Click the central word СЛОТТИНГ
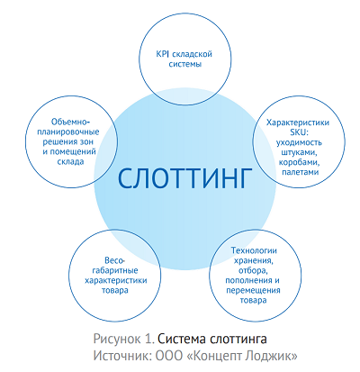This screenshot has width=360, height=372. tap(184, 178)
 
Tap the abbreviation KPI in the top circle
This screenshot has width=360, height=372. tap(163, 54)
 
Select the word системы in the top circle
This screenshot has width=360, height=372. tap(185, 64)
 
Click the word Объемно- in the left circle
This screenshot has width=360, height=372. tap(70, 122)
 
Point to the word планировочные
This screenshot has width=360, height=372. tap(71, 132)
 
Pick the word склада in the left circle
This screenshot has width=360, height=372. tap(70, 161)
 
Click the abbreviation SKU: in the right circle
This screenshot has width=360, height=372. tap(298, 132)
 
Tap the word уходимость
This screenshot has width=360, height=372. tap(299, 142)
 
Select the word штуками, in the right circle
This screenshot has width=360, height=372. tap(300, 152)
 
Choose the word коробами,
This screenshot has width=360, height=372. tap(300, 162)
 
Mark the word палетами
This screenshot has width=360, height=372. tap(300, 172)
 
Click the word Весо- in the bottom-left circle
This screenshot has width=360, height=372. tap(114, 260)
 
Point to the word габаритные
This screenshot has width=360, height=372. tap(115, 270)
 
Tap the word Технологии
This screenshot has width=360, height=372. tap(254, 250)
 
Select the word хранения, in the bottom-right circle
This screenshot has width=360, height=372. tap(254, 260)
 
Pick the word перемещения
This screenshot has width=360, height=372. tap(253, 290)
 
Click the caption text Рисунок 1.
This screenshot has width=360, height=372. tap(123, 339)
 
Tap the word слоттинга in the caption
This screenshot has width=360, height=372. tap(238, 339)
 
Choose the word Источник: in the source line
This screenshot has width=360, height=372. tap(122, 356)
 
